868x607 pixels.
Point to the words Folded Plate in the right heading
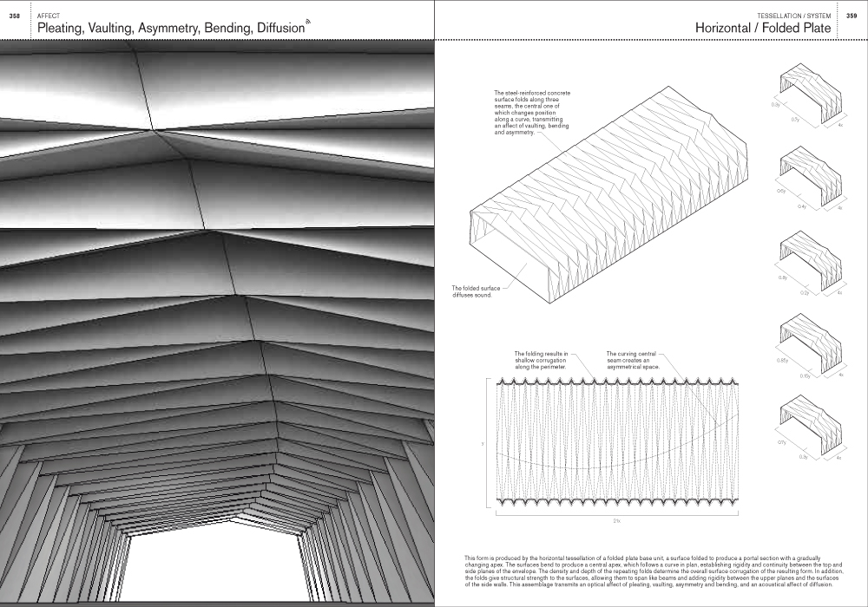pos(796,29)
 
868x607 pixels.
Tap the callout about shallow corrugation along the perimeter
pos(541,361)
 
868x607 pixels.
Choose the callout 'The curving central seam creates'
pos(634,361)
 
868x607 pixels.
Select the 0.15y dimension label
pos(805,377)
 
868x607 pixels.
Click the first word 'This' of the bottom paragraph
pos(470,558)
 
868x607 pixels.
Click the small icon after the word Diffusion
pos(308,22)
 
